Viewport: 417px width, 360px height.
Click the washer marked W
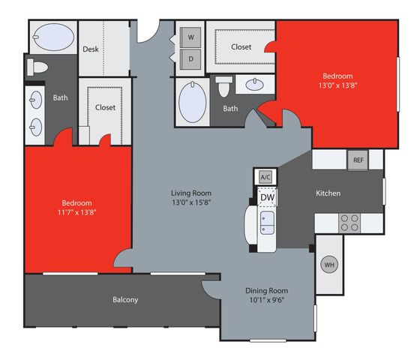tap(190, 37)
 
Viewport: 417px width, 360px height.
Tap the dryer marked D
tap(190, 59)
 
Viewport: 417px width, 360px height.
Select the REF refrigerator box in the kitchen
tap(358, 160)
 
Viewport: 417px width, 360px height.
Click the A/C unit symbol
tap(265, 177)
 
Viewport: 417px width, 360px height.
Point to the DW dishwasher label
tap(267, 197)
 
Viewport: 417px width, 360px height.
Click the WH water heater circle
tap(329, 265)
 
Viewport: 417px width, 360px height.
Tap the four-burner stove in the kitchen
tap(349, 223)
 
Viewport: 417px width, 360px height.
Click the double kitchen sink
tap(267, 223)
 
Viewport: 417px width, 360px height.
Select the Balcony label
tap(125, 300)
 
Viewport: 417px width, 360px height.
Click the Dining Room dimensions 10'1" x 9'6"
tap(267, 300)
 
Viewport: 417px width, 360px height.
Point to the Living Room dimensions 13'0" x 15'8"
tap(191, 202)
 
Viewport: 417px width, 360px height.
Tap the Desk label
tap(91, 49)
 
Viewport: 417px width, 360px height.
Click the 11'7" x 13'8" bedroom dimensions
tap(76, 212)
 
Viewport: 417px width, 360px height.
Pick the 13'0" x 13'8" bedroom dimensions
tap(337, 85)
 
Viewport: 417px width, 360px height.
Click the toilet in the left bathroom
tap(37, 67)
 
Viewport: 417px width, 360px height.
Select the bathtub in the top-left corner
tap(53, 37)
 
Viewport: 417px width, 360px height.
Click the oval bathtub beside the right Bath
tap(192, 102)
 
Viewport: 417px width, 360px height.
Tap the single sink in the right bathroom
tap(254, 85)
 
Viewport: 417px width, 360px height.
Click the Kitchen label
tap(328, 193)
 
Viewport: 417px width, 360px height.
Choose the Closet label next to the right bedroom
tap(241, 47)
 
